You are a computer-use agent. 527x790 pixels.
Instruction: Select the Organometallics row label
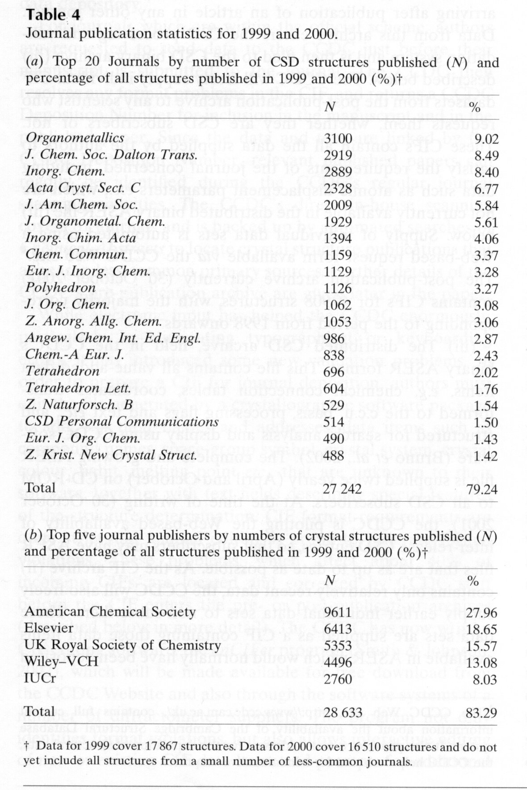tap(75, 138)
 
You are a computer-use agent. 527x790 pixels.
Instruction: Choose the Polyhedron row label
tap(61, 288)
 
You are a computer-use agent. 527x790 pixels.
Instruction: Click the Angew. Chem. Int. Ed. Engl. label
tap(112, 338)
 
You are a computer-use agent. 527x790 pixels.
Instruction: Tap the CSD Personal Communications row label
tap(122, 421)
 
